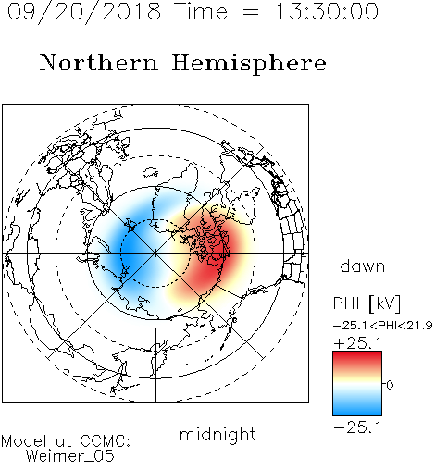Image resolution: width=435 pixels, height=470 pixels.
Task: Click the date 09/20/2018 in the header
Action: coord(83,12)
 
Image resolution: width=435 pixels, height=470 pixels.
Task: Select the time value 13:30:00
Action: coord(326,11)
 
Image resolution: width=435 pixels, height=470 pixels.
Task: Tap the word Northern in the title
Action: coord(99,62)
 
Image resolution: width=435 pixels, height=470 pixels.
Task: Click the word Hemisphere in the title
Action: coord(249,64)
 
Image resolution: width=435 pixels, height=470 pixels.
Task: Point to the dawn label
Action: coord(363,266)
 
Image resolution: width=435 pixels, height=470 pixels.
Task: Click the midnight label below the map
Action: coord(217,434)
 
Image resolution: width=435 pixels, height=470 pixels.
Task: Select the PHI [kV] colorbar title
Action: coord(367,303)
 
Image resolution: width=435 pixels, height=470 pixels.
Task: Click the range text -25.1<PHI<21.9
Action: coord(382,326)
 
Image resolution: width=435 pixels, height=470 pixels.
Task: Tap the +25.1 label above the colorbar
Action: coord(358,343)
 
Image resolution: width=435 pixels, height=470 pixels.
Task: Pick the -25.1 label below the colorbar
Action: coord(358,427)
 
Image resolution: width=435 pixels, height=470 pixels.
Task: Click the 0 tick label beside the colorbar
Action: coord(390,385)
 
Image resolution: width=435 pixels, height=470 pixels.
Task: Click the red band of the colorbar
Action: coord(357,359)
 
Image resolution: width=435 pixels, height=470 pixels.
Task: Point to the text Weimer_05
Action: coord(70,456)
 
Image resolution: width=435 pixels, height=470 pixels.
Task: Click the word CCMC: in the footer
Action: coord(105,441)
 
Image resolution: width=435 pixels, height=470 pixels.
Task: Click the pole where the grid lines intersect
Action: coord(155,254)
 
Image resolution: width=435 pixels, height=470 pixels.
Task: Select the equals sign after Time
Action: coord(251,12)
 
